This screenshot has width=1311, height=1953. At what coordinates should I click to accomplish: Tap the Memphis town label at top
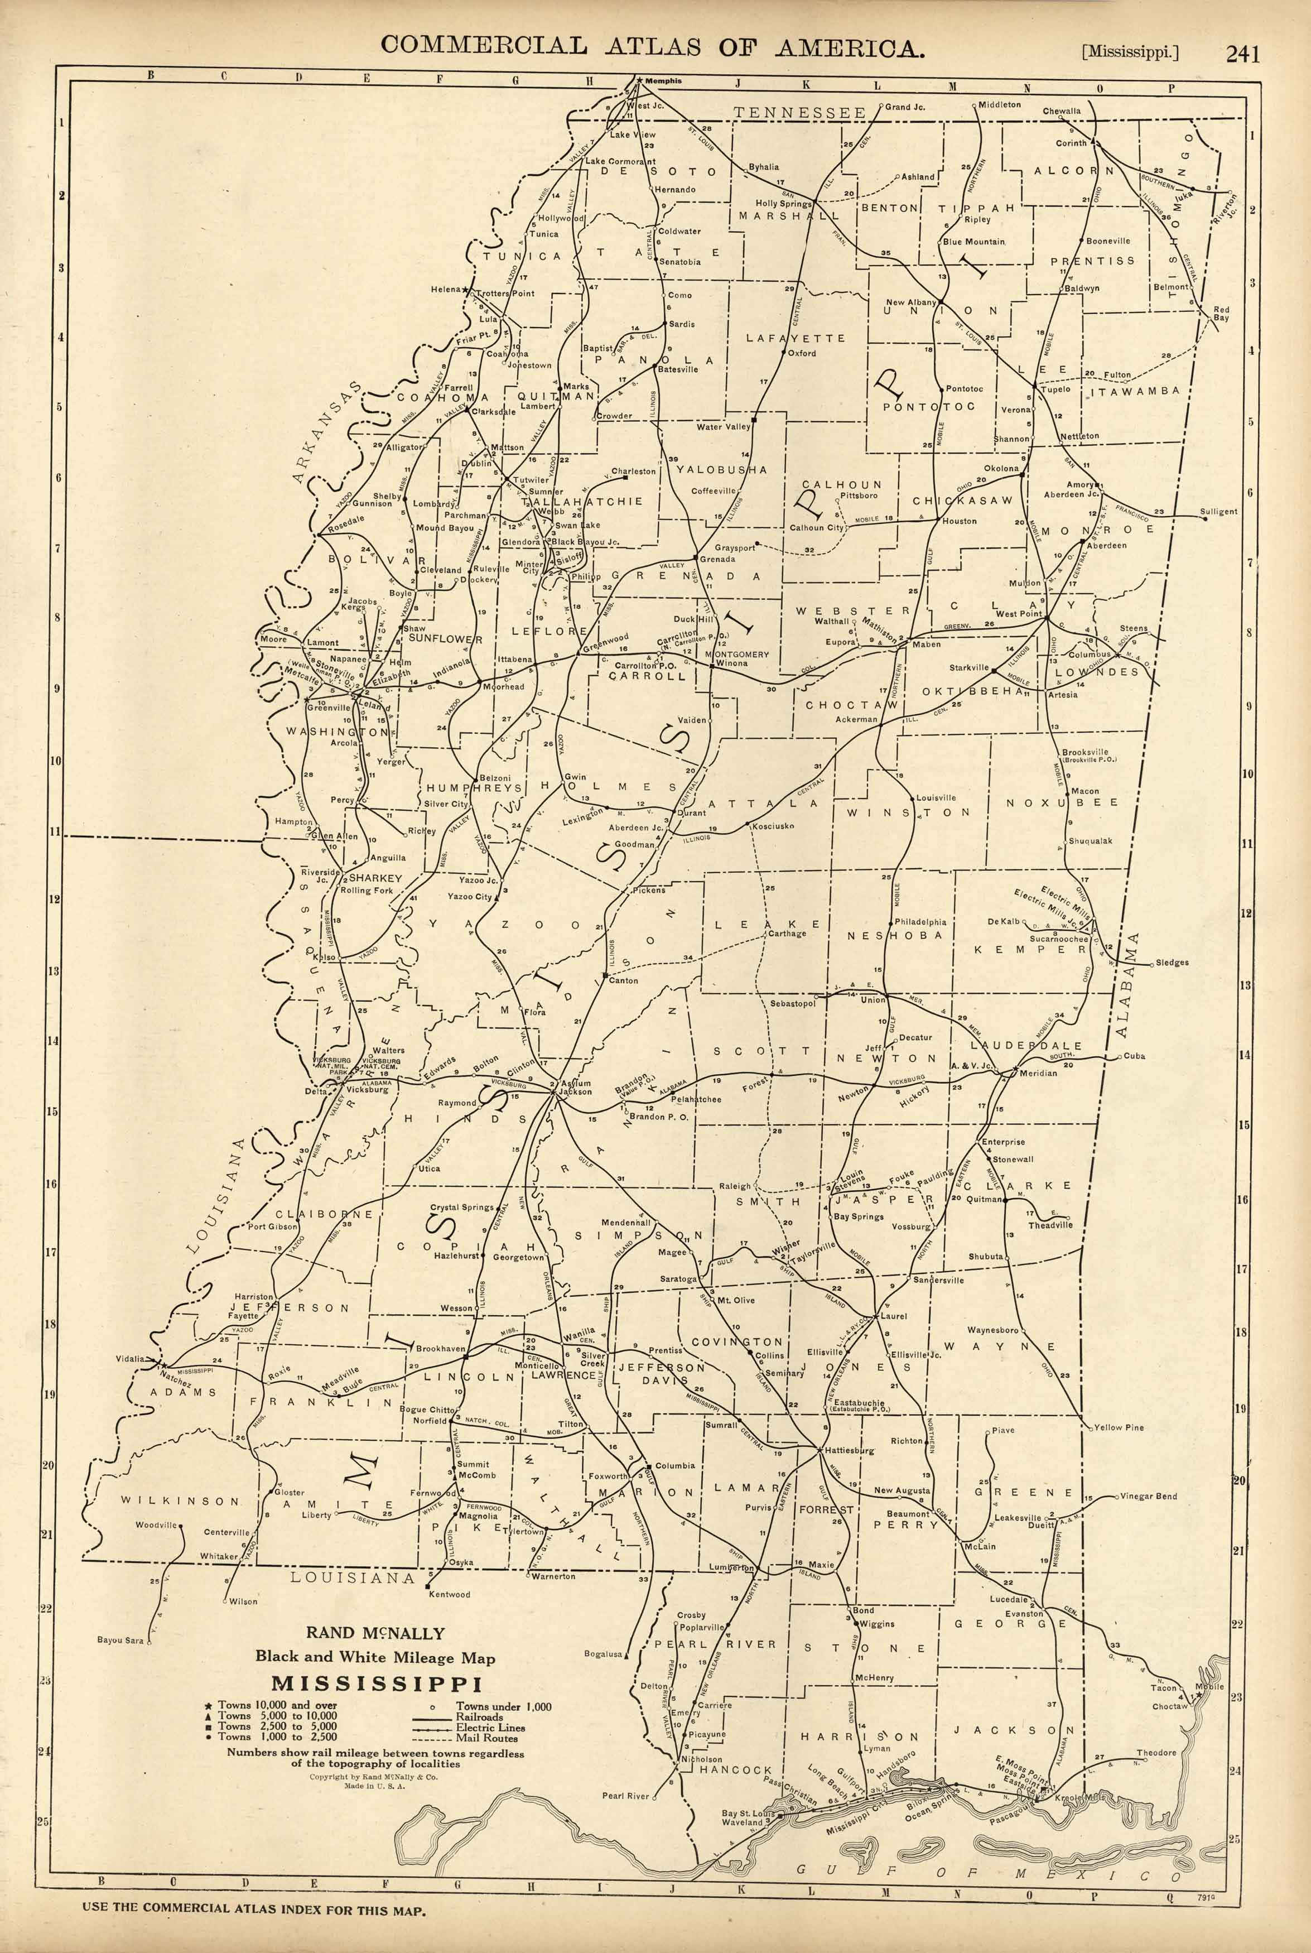[x=664, y=81]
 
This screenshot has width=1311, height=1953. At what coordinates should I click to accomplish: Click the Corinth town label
[x=1071, y=143]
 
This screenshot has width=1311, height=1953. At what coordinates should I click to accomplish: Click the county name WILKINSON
[x=179, y=1500]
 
